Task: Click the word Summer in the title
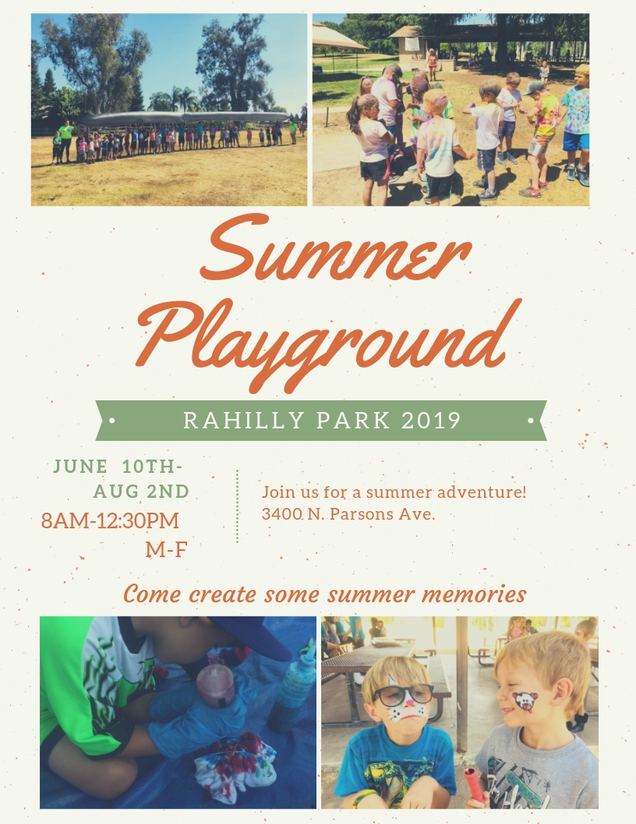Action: point(336,248)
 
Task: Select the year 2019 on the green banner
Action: point(431,421)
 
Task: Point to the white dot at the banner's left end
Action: point(111,421)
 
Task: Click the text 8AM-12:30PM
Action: point(110,520)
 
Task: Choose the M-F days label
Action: point(166,549)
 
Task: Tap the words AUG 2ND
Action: point(141,492)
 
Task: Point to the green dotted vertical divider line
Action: point(237,506)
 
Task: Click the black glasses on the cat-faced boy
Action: point(402,694)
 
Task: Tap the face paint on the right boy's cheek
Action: point(525,701)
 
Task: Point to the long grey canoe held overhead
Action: point(184,118)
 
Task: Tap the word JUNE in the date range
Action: point(80,466)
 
